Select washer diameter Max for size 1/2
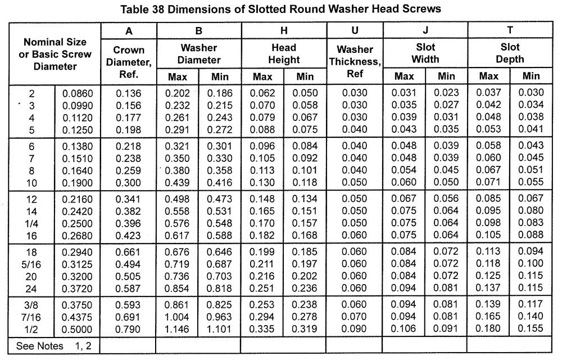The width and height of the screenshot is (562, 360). [178, 328]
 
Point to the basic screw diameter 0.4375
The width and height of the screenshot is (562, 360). [77, 317]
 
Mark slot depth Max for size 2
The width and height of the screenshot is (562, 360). [487, 93]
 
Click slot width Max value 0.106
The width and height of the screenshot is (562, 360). [404, 328]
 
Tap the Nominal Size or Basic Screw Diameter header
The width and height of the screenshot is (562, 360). [55, 54]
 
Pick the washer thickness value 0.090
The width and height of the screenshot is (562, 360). [355, 328]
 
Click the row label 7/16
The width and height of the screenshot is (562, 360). [31, 317]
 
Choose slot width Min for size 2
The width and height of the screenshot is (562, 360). [446, 93]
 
